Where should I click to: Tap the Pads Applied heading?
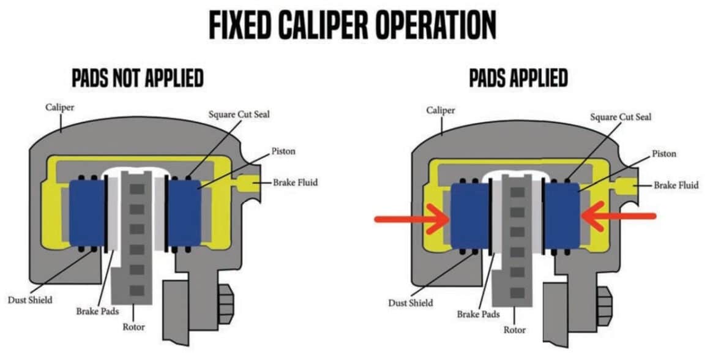tap(518, 78)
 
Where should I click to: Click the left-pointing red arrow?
tap(618, 216)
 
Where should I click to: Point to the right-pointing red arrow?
tap(410, 217)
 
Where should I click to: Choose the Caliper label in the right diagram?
tap(441, 110)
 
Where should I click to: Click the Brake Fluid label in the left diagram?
tap(296, 182)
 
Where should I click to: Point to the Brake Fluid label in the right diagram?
tap(676, 185)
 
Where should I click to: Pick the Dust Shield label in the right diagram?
tap(411, 302)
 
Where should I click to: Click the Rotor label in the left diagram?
tap(133, 327)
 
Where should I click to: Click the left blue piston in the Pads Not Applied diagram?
tap(87, 212)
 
